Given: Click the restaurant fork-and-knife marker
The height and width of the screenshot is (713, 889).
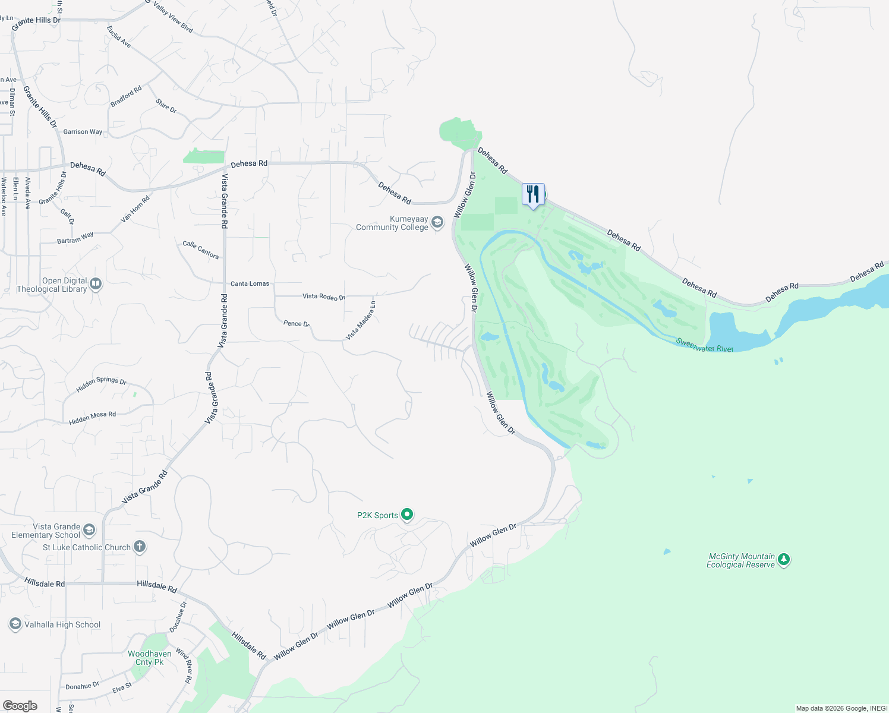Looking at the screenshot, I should click(533, 194).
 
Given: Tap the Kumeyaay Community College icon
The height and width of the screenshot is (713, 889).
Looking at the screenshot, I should click(437, 223).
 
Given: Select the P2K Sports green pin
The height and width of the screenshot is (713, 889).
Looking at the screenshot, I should click(407, 515).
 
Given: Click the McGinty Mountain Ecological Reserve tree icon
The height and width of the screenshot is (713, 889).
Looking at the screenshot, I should click(784, 560).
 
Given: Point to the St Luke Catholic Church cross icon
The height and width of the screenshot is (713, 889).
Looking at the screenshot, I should click(140, 547).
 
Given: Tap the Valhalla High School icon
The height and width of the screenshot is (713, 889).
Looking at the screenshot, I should click(15, 624).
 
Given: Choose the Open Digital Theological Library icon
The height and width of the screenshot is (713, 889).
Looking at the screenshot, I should click(96, 285).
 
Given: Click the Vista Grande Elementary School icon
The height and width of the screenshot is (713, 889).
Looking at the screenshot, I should click(89, 530).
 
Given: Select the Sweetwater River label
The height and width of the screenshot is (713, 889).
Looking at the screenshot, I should click(704, 345).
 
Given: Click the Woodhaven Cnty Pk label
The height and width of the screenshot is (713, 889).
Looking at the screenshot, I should click(149, 658).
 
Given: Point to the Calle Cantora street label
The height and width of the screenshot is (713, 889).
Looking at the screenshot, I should click(200, 250).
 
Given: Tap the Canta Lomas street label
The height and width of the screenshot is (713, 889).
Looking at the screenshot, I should click(250, 283).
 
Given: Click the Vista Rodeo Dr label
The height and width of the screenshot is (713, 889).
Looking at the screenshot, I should click(323, 296).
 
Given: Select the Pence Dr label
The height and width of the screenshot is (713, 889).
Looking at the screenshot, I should click(296, 323).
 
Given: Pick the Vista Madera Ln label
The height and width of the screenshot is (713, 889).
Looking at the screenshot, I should click(361, 321).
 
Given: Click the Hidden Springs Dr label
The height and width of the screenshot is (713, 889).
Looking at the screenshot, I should click(101, 384).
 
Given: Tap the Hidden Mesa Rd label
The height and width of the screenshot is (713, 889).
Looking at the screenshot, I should click(92, 418).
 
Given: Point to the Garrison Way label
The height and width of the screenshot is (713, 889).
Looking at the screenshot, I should click(83, 132).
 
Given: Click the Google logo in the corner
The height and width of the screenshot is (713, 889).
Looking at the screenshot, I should click(20, 705).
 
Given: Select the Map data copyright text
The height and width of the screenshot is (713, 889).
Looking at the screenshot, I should click(841, 708).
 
